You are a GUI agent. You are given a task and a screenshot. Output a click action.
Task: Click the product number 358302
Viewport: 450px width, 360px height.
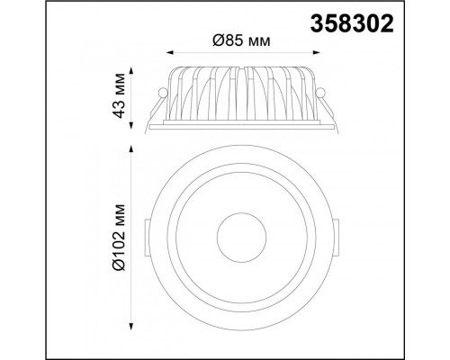tap(352, 23)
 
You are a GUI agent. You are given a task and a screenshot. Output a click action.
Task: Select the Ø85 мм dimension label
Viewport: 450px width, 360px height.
tap(241, 40)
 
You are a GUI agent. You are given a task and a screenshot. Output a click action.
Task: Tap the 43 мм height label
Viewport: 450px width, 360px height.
tap(119, 95)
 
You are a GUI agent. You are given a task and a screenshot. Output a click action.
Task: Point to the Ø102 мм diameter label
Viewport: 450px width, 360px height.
tap(119, 237)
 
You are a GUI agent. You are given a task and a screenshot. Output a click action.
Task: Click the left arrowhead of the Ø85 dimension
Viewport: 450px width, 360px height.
tap(170, 53)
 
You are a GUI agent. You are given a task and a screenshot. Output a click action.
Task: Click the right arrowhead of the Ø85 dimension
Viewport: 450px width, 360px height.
tap(317, 53)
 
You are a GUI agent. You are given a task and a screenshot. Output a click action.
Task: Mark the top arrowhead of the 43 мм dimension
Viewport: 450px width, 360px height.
tap(131, 71)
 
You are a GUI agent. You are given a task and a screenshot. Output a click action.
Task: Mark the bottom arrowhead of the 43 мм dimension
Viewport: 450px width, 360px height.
tap(131, 125)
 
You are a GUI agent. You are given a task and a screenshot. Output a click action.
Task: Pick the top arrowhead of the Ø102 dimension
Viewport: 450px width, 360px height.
tap(131, 149)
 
